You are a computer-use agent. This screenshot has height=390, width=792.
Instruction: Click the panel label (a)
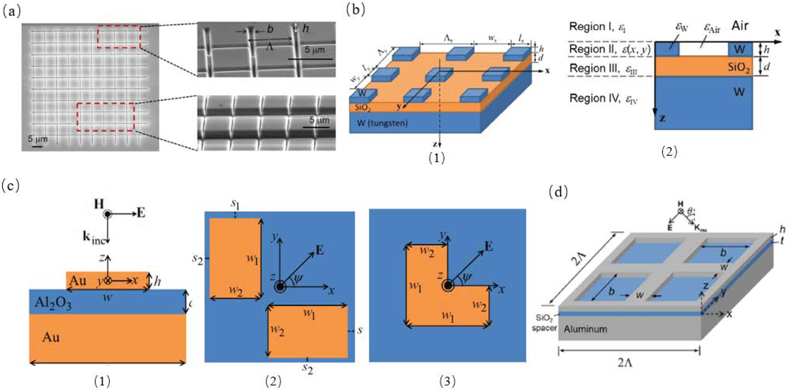(x=11, y=12)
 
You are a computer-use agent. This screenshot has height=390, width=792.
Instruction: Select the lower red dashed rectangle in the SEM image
(x=106, y=104)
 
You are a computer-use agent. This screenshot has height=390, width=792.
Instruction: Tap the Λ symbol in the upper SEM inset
(x=269, y=47)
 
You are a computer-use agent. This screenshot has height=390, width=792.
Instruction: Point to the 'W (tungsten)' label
(x=382, y=123)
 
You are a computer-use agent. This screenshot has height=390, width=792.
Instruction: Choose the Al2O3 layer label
(x=53, y=303)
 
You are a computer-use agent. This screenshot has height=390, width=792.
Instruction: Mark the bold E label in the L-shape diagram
(x=489, y=246)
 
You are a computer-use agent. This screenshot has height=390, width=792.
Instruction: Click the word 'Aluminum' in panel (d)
(x=585, y=329)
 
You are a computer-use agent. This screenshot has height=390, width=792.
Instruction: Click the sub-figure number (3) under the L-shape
(x=447, y=381)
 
